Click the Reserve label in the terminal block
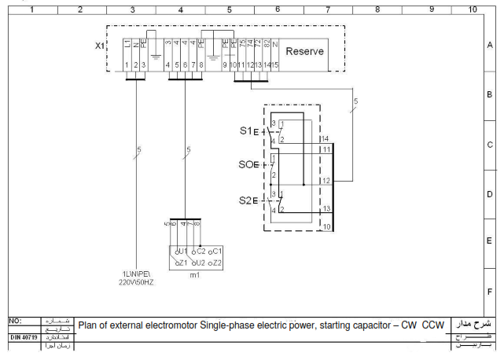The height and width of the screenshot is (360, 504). coord(304,52)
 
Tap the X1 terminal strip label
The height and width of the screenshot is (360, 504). coord(99,46)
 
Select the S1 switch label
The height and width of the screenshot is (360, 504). coord(245,130)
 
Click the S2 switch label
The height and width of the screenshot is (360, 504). coord(245,200)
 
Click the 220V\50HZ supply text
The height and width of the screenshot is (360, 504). coord(136,281)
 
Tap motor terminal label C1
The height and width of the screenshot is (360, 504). coord(217,251)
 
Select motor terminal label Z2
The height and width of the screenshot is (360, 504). coord(217,263)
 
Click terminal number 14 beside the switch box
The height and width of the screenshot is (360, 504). coord(324,138)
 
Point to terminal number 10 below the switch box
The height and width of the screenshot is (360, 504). coord(326,227)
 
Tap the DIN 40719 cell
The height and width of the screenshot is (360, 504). coord(24,337)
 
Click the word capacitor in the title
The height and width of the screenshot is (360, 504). coord(366,325)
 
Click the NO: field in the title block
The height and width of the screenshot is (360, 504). coord(15,321)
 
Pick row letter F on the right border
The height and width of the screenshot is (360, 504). coord(489,291)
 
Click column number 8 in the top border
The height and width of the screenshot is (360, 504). coord(377,9)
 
